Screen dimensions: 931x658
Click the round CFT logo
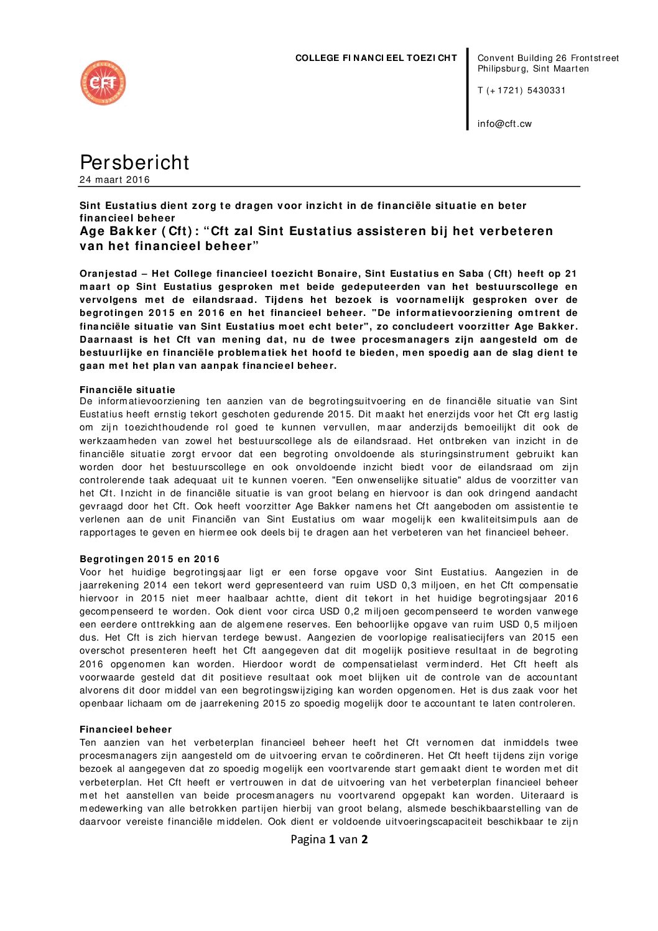(103, 83)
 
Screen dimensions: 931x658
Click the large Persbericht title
(134, 162)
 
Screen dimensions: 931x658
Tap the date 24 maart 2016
(114, 180)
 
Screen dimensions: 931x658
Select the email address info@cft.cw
(504, 124)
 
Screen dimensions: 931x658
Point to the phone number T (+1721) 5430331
(521, 90)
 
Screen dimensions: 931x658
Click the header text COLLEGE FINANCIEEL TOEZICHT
(376, 58)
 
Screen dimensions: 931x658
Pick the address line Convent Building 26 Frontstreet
(548, 58)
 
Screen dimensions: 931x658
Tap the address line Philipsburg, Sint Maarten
(533, 69)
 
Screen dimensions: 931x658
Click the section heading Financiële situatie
(127, 390)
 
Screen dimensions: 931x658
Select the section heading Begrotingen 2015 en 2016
(149, 559)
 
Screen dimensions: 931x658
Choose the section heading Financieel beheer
(126, 730)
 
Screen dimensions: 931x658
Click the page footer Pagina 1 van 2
(329, 839)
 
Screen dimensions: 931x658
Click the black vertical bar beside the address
(467, 88)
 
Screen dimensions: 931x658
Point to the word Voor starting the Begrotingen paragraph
(90, 572)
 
